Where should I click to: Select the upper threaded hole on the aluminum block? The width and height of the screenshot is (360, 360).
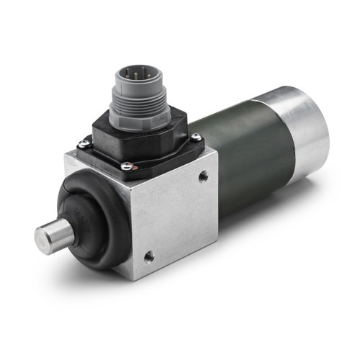click(202, 174)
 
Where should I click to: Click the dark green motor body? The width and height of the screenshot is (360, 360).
click(245, 151)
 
